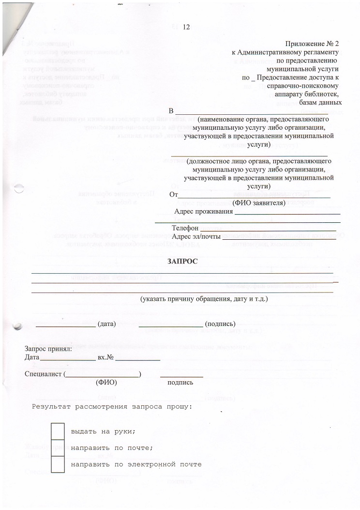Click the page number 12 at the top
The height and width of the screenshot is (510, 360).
(x=186, y=27)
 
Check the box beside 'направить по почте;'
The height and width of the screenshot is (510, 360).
(x=58, y=448)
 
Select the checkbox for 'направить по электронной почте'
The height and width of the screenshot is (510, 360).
(x=58, y=464)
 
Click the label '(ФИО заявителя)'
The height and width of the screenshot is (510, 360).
(x=259, y=203)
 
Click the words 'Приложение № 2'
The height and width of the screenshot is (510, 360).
(x=313, y=44)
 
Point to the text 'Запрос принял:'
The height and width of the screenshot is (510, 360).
(x=48, y=349)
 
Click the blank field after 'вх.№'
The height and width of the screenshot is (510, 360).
(x=137, y=360)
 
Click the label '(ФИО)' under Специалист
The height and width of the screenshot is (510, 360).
(x=106, y=383)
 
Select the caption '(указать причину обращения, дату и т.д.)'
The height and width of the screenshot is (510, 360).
(x=204, y=299)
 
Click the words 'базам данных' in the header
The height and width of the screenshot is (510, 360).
(x=321, y=103)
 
